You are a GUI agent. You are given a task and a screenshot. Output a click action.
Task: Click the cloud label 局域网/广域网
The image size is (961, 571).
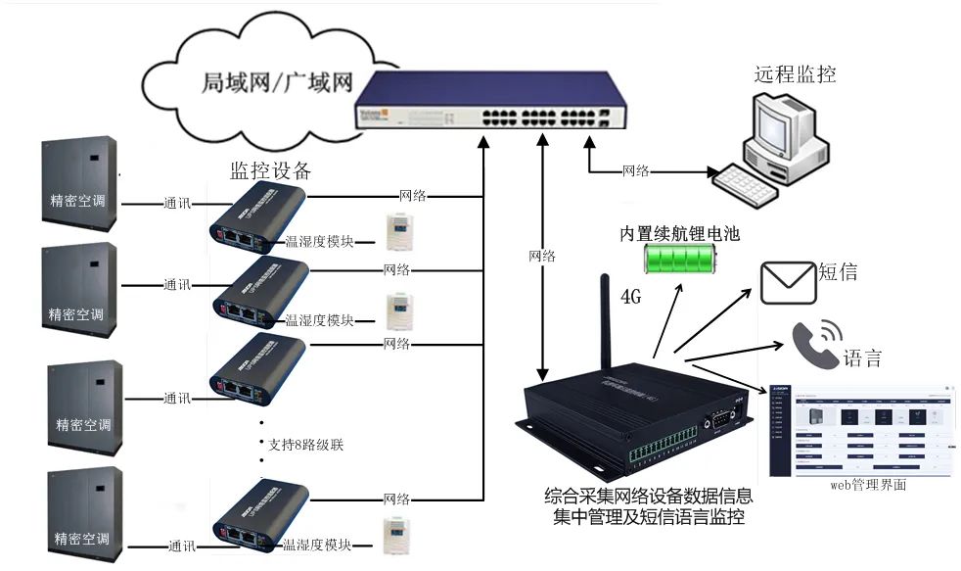tap(276, 82)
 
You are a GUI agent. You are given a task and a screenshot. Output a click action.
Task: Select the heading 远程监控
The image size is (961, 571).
tap(795, 73)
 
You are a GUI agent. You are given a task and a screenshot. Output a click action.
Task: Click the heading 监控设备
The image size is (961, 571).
tap(270, 170)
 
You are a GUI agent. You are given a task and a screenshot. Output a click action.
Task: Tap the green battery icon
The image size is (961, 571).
tap(679, 260)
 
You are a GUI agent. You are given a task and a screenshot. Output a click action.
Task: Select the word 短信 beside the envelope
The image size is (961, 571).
tap(838, 272)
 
